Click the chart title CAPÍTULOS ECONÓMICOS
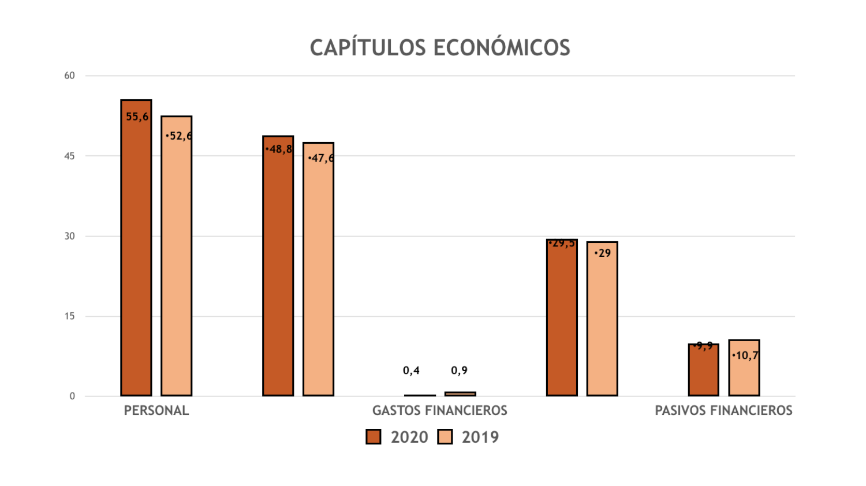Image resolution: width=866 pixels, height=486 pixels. [439, 47]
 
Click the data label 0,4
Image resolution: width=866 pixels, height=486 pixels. [411, 371]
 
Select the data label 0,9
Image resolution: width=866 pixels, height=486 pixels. [459, 371]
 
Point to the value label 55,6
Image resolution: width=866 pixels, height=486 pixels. [137, 117]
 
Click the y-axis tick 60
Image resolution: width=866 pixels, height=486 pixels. [70, 76]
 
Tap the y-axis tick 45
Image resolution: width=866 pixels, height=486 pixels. [70, 156]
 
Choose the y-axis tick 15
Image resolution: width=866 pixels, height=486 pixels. [70, 316]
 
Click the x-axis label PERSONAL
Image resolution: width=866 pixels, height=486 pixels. [156, 410]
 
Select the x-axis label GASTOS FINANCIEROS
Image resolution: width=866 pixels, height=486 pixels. [439, 410]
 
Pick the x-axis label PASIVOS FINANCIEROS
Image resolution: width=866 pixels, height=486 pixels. [723, 410]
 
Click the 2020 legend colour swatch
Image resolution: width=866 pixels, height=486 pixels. [374, 437]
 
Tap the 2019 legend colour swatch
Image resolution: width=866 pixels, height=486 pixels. [445, 437]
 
